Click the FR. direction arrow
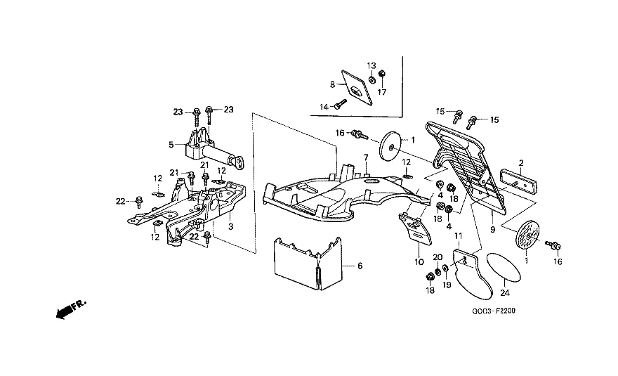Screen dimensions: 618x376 pyautogui.click(x=71, y=309)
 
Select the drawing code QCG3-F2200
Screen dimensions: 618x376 pyautogui.click(x=494, y=311)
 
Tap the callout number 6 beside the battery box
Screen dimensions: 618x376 pyautogui.click(x=360, y=266)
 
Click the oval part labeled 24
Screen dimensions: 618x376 pyautogui.click(x=504, y=268)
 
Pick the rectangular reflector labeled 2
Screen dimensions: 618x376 pyautogui.click(x=519, y=181)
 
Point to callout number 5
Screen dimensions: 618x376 pyautogui.click(x=171, y=145)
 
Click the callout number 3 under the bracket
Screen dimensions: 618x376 pyautogui.click(x=231, y=227)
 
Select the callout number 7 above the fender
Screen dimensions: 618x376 pyautogui.click(x=366, y=158)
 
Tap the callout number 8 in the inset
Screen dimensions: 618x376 pyautogui.click(x=332, y=84)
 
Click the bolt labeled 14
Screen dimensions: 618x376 pyautogui.click(x=341, y=105)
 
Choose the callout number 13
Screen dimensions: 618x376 pyautogui.click(x=372, y=65)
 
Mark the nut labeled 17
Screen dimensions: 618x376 pyautogui.click(x=381, y=74)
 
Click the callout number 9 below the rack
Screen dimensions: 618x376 pyautogui.click(x=493, y=229)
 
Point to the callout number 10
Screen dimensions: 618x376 pyautogui.click(x=419, y=261)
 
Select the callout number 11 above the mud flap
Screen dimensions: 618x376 pyautogui.click(x=458, y=236)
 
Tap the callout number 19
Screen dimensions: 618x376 pyautogui.click(x=447, y=285)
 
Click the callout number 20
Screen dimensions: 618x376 pyautogui.click(x=438, y=257)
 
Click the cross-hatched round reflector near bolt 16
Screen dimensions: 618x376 pyautogui.click(x=527, y=238)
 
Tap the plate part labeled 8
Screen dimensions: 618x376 pyautogui.click(x=357, y=88)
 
